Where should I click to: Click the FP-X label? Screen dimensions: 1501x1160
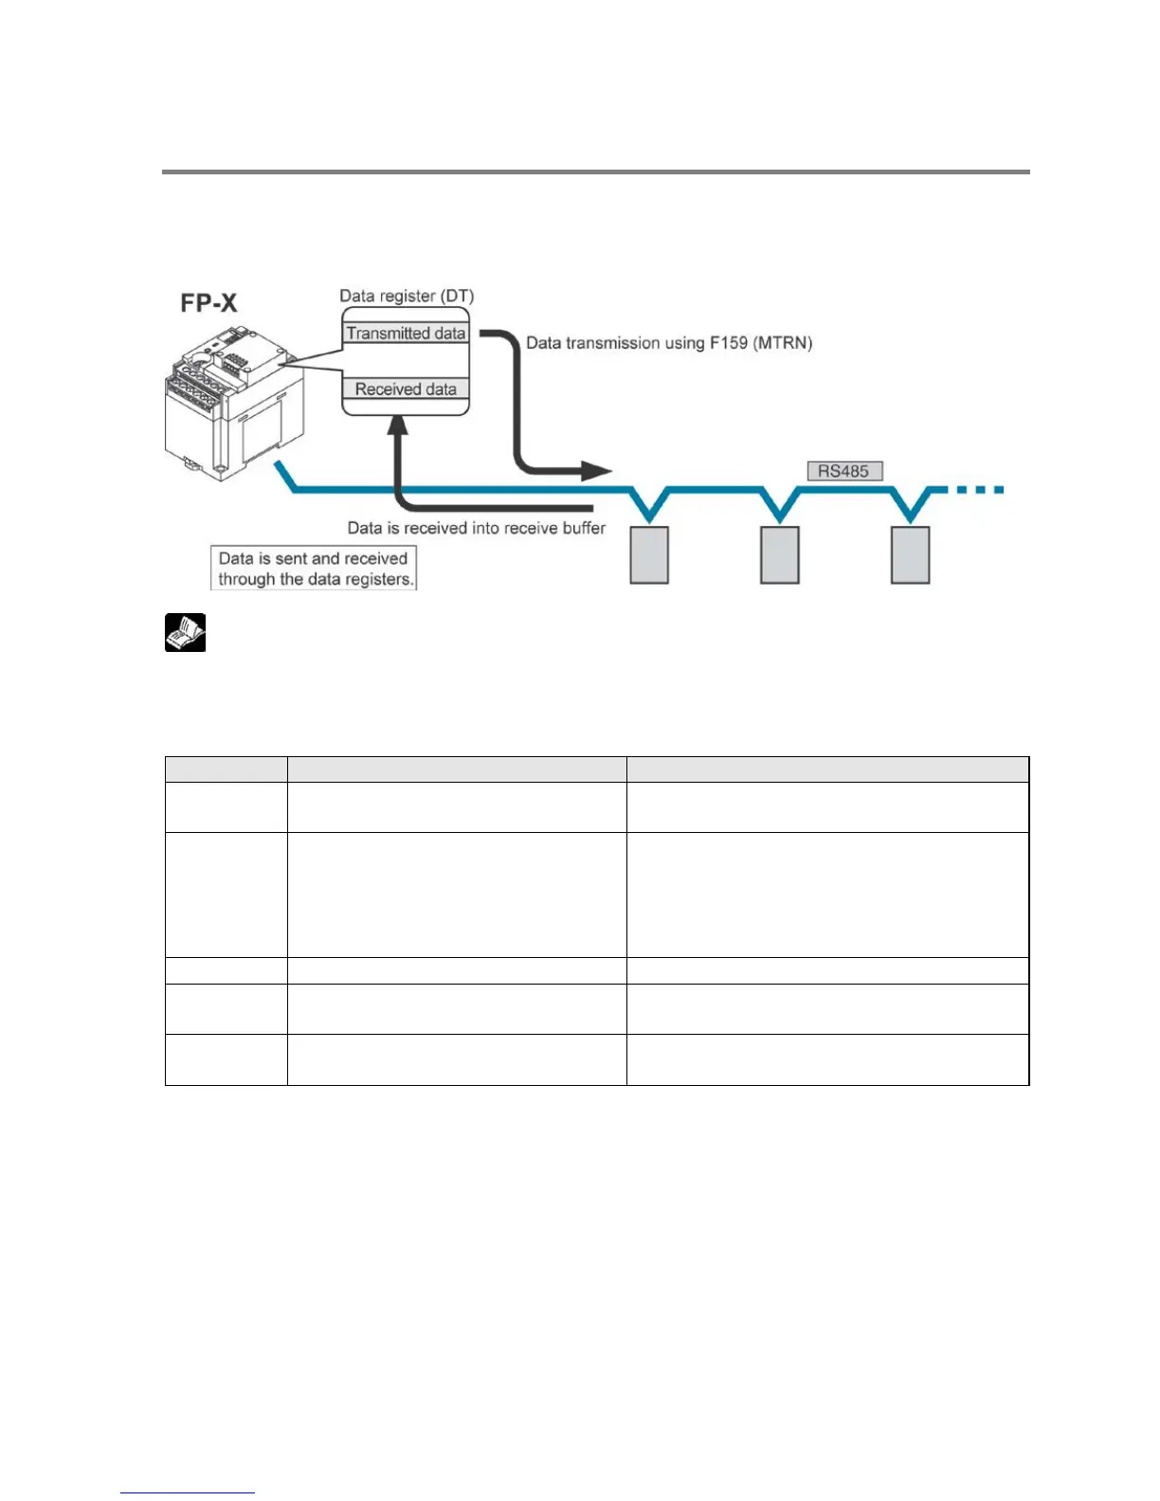(208, 303)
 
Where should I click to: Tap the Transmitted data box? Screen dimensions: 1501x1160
(406, 333)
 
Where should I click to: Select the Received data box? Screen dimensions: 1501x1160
(406, 389)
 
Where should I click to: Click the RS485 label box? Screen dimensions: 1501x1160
(843, 471)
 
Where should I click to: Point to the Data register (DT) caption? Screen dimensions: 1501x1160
(407, 296)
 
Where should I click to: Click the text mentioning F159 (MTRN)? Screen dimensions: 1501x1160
(669, 343)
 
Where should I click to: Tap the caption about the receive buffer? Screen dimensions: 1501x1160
(476, 528)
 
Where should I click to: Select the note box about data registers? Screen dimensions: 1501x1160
(313, 569)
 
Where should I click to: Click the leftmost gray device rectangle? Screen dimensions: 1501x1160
(649, 555)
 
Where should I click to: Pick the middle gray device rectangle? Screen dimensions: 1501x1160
(780, 555)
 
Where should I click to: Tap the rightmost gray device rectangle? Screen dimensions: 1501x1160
(910, 555)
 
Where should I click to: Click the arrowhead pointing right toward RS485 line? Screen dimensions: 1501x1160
(597, 470)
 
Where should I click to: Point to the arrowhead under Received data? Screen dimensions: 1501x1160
(398, 426)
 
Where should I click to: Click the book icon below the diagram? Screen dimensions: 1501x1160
(186, 633)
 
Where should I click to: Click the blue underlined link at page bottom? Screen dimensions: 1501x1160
(188, 1492)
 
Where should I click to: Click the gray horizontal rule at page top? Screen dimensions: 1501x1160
(595, 172)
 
